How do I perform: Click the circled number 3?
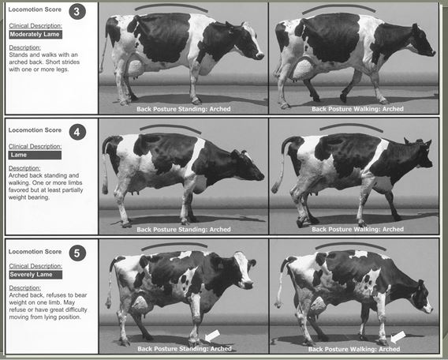(x=77, y=12)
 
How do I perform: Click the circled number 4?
(x=77, y=132)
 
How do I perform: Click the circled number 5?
(x=77, y=253)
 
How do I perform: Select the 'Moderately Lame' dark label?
(x=35, y=34)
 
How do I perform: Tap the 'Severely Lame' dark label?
(x=35, y=275)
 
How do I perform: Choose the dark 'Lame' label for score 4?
(x=35, y=155)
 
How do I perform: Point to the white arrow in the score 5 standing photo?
(x=212, y=336)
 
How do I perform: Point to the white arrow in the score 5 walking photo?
(x=398, y=337)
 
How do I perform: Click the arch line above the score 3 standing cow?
(x=171, y=6)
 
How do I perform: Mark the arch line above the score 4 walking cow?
(x=352, y=126)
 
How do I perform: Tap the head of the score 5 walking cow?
(x=421, y=298)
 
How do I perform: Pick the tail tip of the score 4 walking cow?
(x=275, y=188)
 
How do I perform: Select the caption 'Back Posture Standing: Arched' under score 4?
(x=184, y=230)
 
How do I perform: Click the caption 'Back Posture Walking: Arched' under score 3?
(x=357, y=109)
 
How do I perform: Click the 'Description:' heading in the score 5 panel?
(x=25, y=287)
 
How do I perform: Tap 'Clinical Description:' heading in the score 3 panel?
(x=35, y=25)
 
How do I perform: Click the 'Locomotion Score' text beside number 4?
(x=35, y=130)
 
